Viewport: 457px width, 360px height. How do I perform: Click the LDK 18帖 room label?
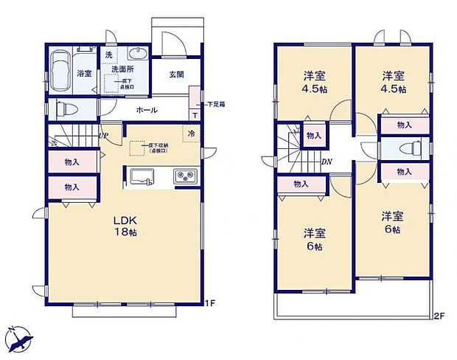tap(125, 226)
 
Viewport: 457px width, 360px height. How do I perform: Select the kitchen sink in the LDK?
tap(142, 177)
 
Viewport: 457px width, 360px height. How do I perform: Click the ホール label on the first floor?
tap(145, 109)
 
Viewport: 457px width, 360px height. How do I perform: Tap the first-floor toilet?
tap(65, 108)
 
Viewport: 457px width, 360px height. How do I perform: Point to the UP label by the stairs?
tap(104, 136)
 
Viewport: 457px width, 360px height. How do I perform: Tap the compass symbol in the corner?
tap(19, 338)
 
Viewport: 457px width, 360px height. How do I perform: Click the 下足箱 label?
tap(215, 105)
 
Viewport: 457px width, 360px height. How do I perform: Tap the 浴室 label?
tap(83, 74)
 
